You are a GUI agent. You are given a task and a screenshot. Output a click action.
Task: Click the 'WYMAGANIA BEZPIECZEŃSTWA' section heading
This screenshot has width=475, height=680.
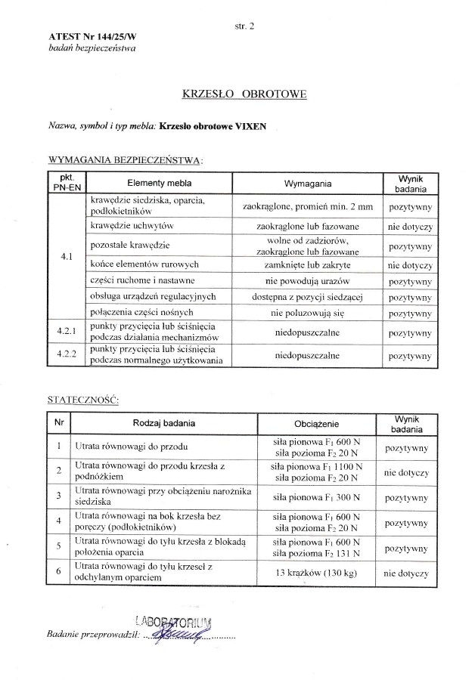125,160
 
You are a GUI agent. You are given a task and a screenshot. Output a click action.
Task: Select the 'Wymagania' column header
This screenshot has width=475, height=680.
307,184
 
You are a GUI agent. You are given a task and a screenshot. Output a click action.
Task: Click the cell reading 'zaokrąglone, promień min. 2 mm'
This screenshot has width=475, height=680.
308,206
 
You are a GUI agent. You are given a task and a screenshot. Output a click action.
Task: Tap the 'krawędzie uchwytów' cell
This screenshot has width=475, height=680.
132,225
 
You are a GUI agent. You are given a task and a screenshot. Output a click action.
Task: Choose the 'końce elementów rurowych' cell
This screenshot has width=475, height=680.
143,264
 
